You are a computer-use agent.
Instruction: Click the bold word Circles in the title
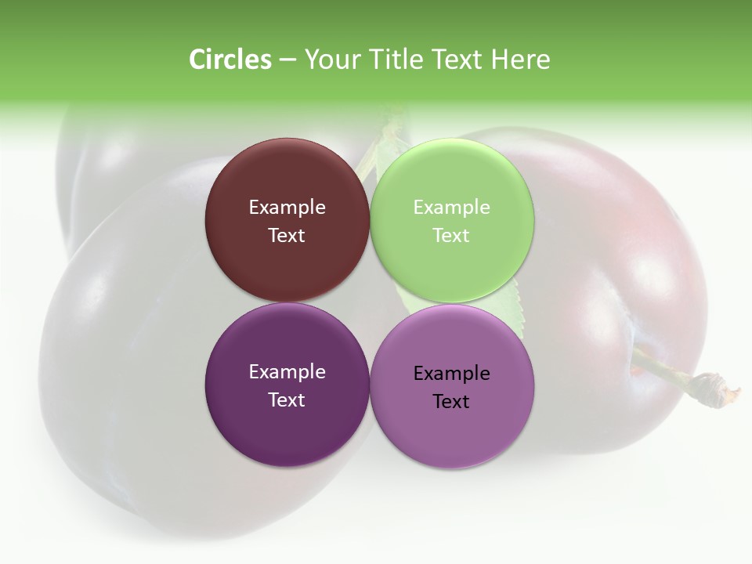[230, 60]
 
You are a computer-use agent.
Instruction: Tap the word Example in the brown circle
[287, 208]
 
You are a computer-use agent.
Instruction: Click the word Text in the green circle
[451, 236]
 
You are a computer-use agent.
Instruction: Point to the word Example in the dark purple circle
[287, 372]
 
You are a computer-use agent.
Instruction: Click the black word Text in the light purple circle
[451, 402]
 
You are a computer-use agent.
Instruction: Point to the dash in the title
[287, 60]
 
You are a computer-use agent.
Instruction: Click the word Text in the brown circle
[287, 236]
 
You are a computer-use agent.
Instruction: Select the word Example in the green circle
[451, 208]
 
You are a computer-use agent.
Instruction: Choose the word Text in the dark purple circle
[287, 400]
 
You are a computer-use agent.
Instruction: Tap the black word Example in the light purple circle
[451, 374]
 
